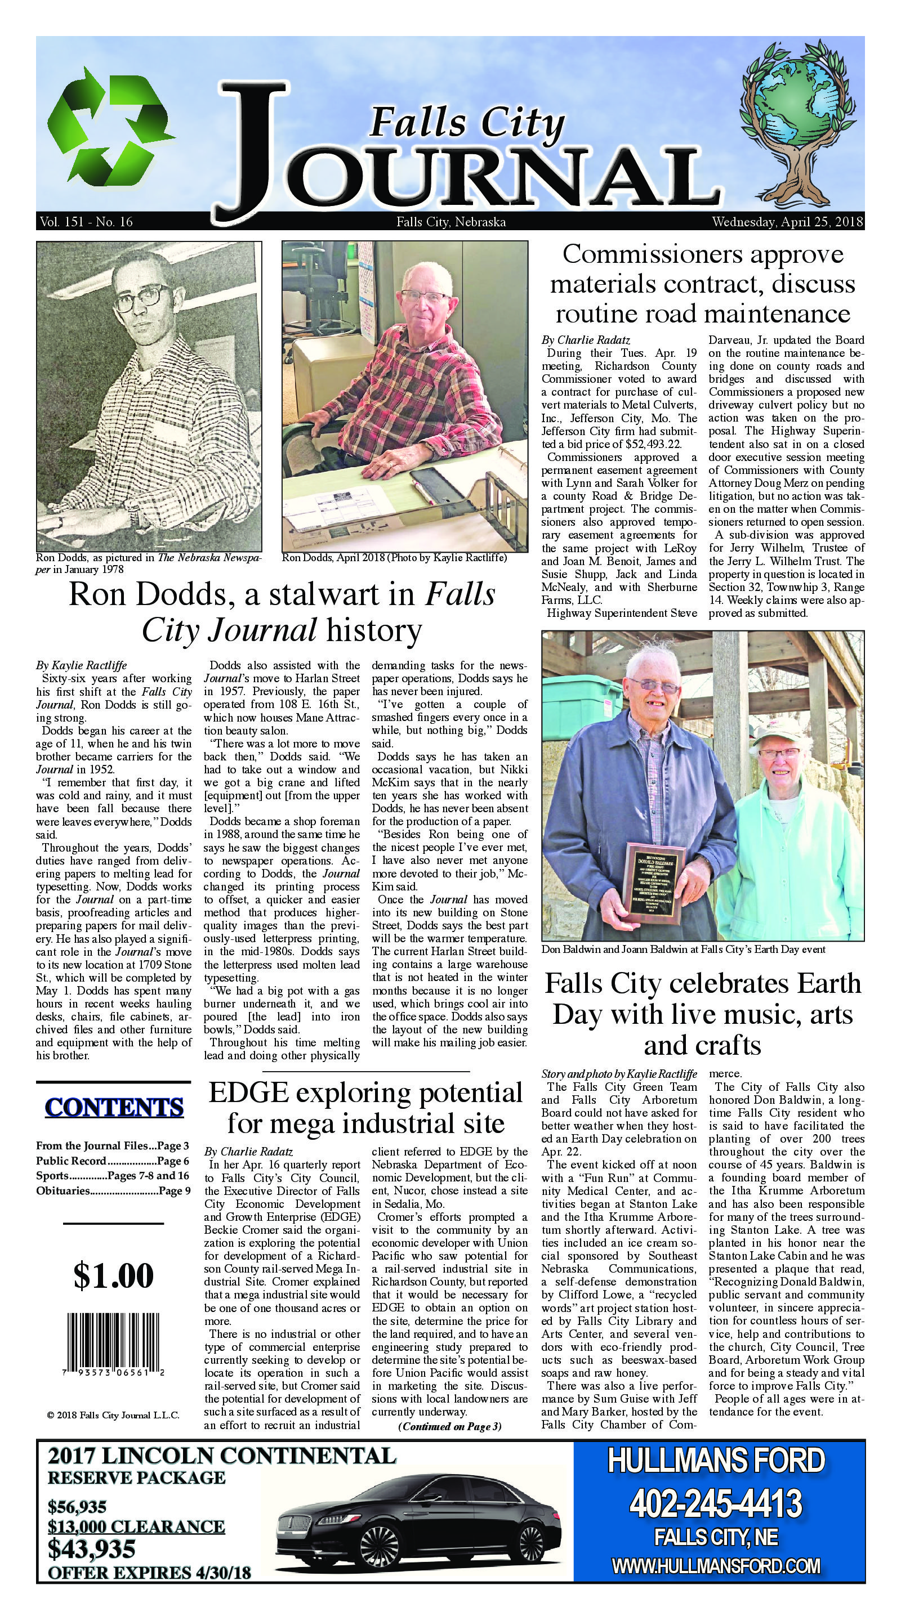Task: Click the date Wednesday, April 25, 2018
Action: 787,222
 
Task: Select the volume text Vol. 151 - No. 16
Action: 86,222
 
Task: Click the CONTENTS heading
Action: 114,1107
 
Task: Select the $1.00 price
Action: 113,1275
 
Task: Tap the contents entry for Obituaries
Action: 112,1191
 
